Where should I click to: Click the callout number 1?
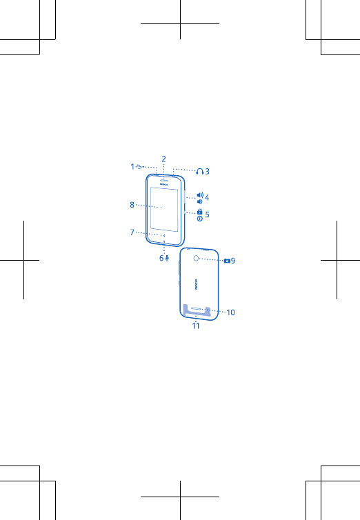click(x=132, y=166)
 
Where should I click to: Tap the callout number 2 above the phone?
click(x=163, y=159)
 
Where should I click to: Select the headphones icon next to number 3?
click(x=200, y=171)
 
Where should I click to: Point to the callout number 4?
click(x=207, y=198)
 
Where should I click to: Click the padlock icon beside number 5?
click(x=199, y=212)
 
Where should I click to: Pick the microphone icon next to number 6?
click(x=167, y=258)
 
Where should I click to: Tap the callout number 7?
click(x=132, y=232)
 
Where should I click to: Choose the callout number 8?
click(x=132, y=205)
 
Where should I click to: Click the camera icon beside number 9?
click(x=227, y=261)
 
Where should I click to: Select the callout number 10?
click(x=231, y=312)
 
